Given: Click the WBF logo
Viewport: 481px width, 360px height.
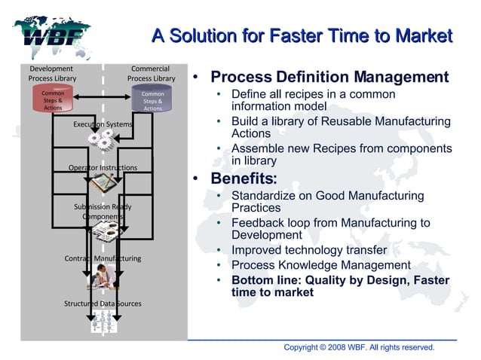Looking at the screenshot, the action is (x=51, y=35).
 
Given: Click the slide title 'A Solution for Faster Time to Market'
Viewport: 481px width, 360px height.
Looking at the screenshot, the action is (x=302, y=36).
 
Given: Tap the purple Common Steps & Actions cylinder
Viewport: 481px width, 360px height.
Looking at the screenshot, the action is (x=152, y=101).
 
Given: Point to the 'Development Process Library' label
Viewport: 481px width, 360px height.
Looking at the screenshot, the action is (x=52, y=73).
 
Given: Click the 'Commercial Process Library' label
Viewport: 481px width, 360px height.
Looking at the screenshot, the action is (x=151, y=73).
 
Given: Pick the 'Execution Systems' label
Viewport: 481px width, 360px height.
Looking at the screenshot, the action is (x=103, y=124).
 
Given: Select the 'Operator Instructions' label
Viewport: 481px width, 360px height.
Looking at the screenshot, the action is (x=103, y=167).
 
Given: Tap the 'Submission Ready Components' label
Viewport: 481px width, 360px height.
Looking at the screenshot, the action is (x=103, y=212).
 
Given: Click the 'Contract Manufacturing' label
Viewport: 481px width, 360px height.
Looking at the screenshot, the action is (x=103, y=258).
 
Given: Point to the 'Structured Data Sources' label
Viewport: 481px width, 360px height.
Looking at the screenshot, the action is (x=103, y=304).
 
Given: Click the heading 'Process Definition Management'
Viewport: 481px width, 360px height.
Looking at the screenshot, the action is (x=329, y=78).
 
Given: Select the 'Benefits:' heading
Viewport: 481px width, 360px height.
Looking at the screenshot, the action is (x=244, y=179).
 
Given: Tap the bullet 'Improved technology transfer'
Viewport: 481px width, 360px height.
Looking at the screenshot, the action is (x=309, y=250).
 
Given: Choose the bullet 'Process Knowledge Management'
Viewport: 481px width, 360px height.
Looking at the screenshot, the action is (x=320, y=265).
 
